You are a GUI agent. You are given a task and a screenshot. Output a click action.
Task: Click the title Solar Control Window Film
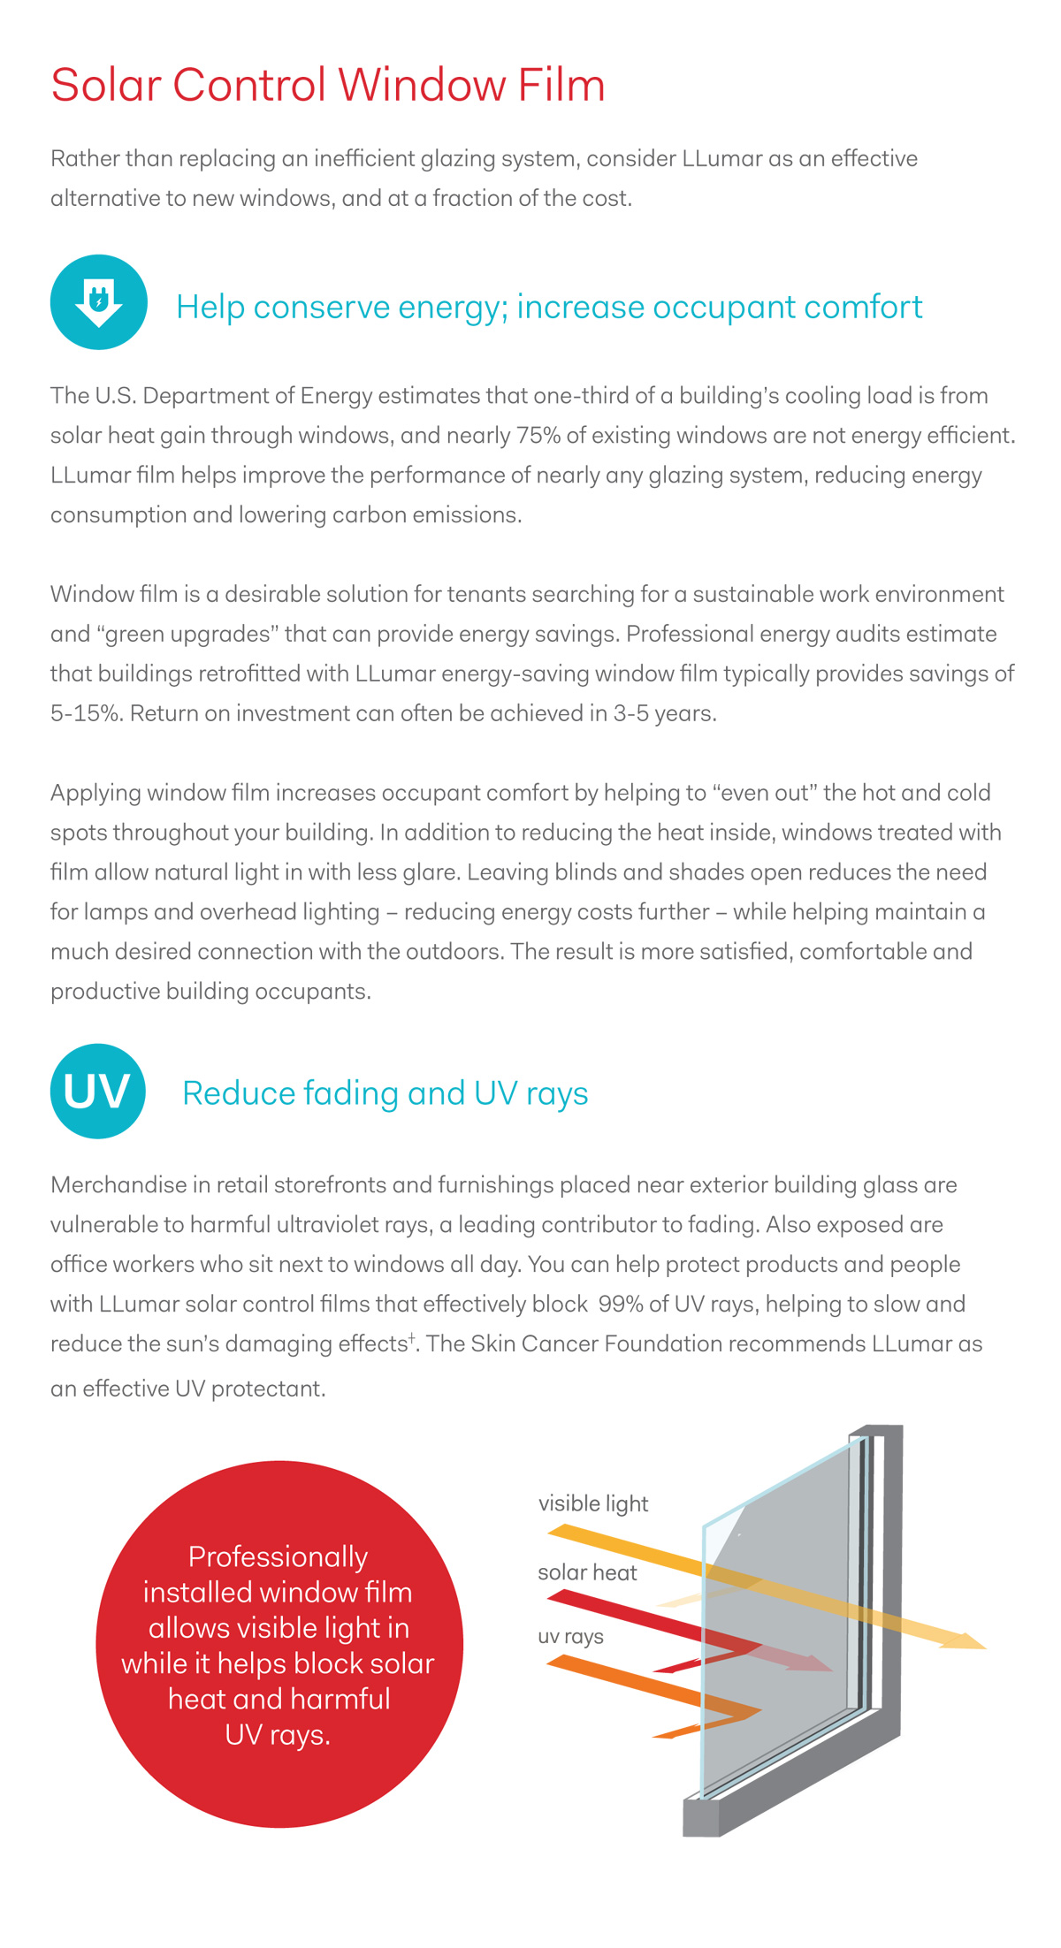(328, 86)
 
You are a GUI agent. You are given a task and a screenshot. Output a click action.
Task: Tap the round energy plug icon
(99, 302)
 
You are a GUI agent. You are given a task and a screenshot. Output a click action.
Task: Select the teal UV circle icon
(98, 1091)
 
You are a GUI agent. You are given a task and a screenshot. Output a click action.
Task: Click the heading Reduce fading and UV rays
(385, 1093)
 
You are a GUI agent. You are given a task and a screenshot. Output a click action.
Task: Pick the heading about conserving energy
(548, 307)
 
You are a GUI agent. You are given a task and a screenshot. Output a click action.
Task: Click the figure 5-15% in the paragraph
(86, 713)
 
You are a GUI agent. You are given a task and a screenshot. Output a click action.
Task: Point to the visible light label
(593, 1503)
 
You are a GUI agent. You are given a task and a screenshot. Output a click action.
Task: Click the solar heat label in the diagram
(587, 1572)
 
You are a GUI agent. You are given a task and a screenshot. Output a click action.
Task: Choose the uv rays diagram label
(570, 1636)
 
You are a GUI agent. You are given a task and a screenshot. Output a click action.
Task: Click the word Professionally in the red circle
(278, 1556)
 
